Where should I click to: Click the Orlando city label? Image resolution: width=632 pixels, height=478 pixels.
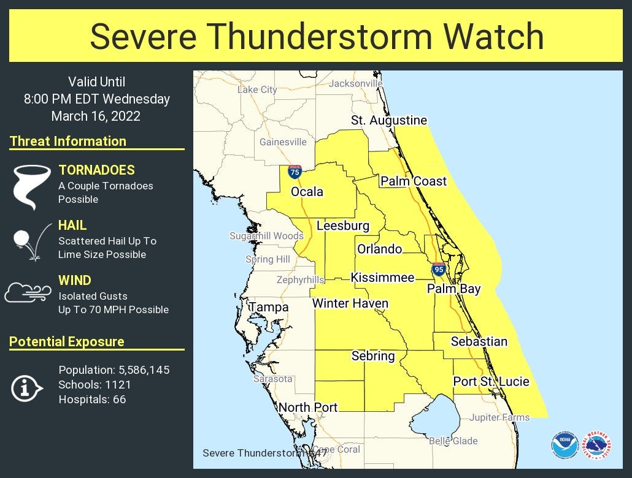pos(380,249)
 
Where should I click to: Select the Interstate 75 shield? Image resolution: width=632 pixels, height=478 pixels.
pos(295,172)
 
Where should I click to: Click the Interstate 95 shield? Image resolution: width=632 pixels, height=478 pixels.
pos(438,268)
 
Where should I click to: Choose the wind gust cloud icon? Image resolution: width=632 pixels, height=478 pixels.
pos(28,293)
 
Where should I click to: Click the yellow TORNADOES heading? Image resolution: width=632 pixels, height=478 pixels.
pos(96,170)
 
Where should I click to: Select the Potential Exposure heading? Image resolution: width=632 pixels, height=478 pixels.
pos(67,342)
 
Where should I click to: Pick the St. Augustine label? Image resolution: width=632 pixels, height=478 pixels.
pos(389,120)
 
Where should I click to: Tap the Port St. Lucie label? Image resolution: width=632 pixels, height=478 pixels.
pos(491,382)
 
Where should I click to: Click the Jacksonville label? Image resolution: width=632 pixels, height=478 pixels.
pos(355,83)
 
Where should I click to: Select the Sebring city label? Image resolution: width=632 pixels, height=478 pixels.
pos(372,355)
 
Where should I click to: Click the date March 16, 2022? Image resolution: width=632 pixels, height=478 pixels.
pos(96,116)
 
